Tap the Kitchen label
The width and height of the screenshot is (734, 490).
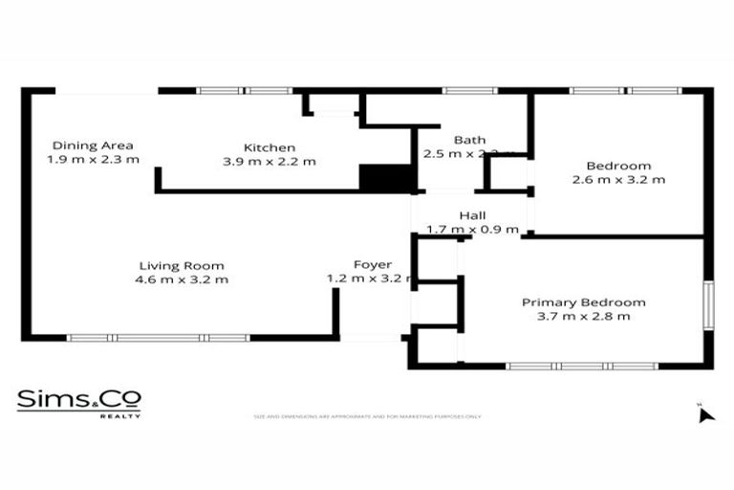[269, 147]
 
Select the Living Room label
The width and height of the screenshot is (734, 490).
[182, 265]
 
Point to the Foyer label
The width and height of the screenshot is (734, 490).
[372, 264]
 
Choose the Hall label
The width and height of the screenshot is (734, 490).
[472, 215]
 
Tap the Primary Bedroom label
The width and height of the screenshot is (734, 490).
[583, 302]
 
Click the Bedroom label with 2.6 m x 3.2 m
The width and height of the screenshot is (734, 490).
[618, 166]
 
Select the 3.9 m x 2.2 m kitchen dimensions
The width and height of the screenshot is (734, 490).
[269, 162]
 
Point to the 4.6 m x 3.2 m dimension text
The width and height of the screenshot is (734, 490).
[182, 279]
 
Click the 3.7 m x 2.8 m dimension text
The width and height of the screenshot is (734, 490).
[583, 316]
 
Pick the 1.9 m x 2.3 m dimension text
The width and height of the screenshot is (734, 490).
[93, 159]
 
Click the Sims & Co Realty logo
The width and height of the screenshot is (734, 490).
[79, 403]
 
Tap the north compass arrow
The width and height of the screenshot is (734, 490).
[705, 413]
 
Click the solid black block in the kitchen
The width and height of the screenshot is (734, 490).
[378, 178]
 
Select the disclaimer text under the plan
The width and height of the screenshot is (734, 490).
[367, 417]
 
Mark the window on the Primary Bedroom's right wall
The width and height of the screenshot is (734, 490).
[708, 305]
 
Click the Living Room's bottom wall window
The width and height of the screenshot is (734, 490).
[158, 338]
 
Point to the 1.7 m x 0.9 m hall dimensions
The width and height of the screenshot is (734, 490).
[472, 230]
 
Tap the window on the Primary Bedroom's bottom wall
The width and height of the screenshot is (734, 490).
[582, 366]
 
